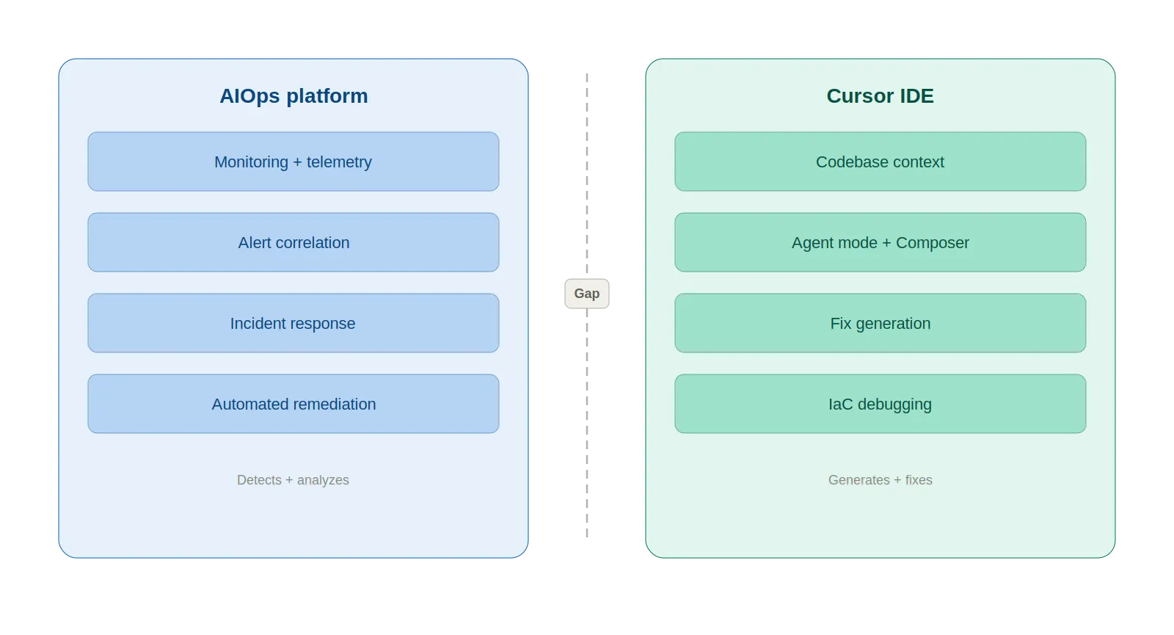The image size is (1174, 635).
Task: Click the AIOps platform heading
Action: (293, 96)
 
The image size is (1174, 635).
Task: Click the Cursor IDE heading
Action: (880, 96)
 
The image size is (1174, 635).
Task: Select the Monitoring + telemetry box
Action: (293, 162)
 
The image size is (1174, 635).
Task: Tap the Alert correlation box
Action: (293, 242)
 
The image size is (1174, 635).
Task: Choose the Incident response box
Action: (293, 323)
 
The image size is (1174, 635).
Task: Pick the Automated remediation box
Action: (293, 404)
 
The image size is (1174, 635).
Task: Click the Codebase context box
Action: (880, 162)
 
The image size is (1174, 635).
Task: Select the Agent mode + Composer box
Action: (880, 242)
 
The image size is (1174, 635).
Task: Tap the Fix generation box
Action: (880, 323)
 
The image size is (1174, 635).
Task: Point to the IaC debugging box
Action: (880, 404)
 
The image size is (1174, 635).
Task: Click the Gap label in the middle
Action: (587, 294)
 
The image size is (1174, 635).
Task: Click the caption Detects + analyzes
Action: (293, 480)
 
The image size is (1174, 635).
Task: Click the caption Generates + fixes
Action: (880, 480)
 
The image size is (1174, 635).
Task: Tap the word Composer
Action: (932, 243)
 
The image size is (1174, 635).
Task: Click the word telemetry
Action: (339, 162)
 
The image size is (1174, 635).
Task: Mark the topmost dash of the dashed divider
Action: (587, 76)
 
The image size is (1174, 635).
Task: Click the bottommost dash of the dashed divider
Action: (587, 534)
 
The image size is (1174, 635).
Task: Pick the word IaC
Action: (840, 404)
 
